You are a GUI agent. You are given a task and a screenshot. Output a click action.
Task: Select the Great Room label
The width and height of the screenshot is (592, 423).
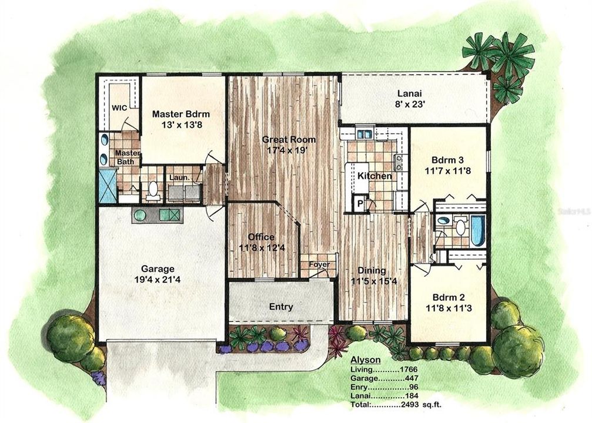pyautogui.click(x=289, y=140)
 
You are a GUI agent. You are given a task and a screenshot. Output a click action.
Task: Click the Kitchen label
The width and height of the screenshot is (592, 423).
pyautogui.click(x=375, y=176)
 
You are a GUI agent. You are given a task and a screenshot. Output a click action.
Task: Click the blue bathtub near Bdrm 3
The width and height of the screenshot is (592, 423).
pyautogui.click(x=478, y=230)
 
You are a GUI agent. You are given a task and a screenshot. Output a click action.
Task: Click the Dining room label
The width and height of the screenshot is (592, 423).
pyautogui.click(x=371, y=271)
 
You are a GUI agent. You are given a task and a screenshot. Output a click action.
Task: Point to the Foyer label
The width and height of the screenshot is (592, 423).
pyautogui.click(x=317, y=264)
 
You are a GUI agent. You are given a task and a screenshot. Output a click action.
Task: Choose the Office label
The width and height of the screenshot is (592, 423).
pyautogui.click(x=261, y=237)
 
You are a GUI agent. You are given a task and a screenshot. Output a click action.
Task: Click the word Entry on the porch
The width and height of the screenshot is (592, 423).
pyautogui.click(x=281, y=306)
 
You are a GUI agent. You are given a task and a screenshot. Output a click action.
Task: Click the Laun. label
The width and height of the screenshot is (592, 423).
pyautogui.click(x=178, y=176)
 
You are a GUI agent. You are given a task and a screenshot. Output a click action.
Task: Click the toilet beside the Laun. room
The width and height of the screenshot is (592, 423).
pyautogui.click(x=153, y=189)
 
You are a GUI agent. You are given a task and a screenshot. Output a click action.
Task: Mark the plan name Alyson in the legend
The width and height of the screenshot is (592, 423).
pyautogui.click(x=365, y=360)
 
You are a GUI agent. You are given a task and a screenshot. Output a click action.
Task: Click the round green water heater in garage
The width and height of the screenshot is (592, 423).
pyautogui.click(x=140, y=215)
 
